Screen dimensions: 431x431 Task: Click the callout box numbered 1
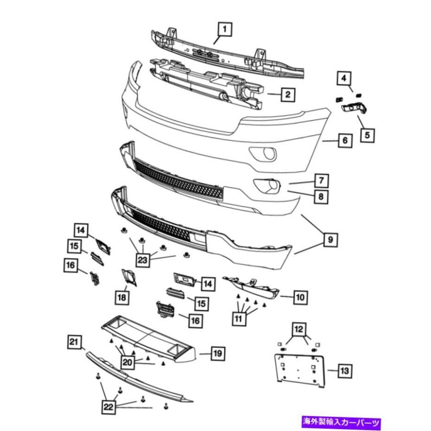225,30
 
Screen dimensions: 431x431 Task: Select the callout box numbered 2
287,94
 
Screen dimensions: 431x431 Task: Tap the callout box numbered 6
345,141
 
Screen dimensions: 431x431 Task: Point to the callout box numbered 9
330,238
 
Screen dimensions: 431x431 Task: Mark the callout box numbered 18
122,297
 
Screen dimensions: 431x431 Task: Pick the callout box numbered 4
344,77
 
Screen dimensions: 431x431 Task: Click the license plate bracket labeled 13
298,367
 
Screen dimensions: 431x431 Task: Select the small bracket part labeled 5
352,108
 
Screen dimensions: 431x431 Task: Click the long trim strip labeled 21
139,378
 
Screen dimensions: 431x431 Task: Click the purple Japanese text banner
341,422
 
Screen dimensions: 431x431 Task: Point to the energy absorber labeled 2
206,81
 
